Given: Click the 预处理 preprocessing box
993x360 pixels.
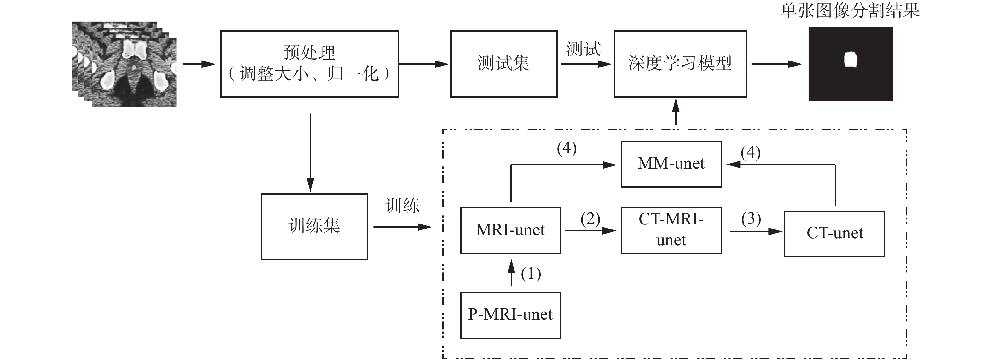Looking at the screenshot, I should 309,64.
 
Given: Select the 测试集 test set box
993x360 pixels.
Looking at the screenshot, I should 503,64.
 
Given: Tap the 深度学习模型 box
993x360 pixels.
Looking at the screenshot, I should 680,64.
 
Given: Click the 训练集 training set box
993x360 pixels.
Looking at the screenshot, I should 314,226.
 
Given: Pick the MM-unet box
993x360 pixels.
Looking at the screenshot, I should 671,164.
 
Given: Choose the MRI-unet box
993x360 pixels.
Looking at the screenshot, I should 510,230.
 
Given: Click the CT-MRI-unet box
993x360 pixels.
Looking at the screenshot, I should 671,230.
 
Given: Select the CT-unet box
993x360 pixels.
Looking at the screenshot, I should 834,234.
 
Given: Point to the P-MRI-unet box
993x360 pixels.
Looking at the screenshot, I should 510,315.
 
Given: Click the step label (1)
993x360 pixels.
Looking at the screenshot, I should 531,274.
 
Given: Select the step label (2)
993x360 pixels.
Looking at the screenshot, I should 590,219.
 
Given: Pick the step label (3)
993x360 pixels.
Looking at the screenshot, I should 751,219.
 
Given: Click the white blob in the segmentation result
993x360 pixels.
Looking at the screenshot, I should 851,59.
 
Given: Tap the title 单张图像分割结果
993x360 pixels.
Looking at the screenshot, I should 850,11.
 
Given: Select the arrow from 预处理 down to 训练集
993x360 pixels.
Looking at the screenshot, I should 310,152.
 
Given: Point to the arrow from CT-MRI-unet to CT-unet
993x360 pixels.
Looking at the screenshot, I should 756,231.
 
